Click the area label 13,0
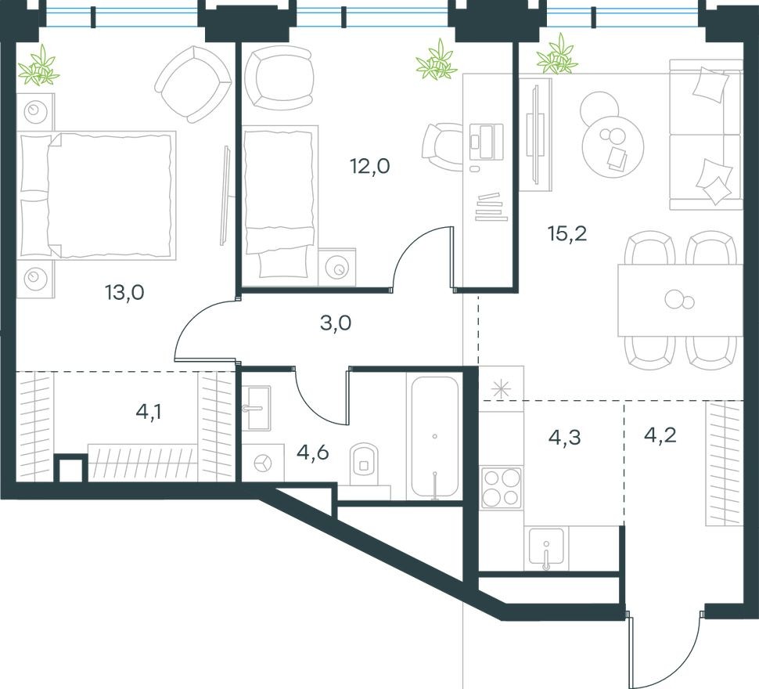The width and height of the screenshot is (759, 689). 125,293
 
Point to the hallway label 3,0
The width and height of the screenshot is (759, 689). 336,323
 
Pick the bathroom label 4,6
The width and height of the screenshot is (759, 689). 312,452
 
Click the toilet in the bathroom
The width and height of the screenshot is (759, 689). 363,462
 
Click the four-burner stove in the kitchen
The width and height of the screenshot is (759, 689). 501,487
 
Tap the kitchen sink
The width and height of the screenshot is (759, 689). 546,546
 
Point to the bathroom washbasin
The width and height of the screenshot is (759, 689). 257,407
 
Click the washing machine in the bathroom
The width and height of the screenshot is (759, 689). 264,463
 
